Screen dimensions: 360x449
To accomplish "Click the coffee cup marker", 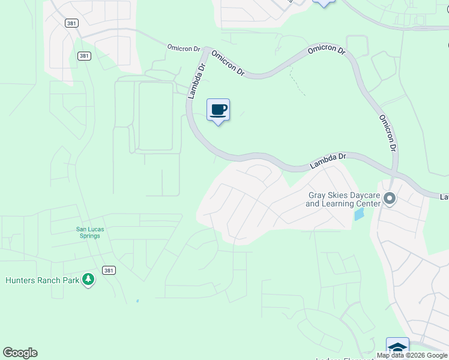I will [218, 110].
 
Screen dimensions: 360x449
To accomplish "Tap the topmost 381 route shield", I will [72, 22].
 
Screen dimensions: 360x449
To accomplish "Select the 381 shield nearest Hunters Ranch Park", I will [109, 271].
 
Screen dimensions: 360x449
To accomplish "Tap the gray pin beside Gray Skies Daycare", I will [390, 198].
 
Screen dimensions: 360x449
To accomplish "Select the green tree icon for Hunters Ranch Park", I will [88, 280].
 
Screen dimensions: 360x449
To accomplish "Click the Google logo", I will [20, 353].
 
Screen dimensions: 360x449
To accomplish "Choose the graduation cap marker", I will [397, 347].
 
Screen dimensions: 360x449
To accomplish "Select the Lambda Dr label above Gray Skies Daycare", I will [329, 160].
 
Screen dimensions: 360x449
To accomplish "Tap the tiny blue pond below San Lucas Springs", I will [137, 301].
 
